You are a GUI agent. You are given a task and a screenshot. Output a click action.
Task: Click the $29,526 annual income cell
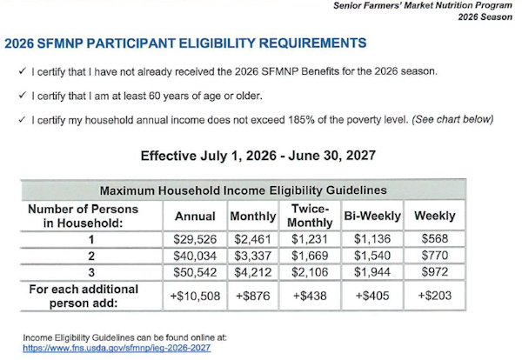(195, 239)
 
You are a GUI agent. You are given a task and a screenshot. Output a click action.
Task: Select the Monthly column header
(253, 216)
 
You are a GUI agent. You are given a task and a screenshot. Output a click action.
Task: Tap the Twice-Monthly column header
(310, 216)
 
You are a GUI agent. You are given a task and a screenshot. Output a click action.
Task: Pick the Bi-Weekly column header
(372, 216)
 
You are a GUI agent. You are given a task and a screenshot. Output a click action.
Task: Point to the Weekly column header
(435, 216)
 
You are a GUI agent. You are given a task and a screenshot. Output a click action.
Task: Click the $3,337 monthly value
(252, 256)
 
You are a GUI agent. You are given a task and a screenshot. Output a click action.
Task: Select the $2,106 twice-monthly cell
(310, 272)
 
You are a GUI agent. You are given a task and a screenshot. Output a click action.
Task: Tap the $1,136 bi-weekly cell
(372, 239)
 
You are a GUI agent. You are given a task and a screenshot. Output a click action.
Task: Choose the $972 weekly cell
(435, 272)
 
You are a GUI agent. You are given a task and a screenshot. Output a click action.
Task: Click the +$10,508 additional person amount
(195, 296)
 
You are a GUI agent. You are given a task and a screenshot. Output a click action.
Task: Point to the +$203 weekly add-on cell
(435, 296)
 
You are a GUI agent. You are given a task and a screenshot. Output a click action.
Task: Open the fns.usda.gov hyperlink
(117, 349)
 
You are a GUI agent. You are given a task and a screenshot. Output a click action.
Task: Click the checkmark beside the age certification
(23, 96)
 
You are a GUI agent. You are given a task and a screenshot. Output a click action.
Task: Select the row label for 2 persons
(91, 256)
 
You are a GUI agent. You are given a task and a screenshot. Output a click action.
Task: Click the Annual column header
(195, 217)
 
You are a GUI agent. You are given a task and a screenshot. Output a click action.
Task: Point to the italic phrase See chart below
(452, 119)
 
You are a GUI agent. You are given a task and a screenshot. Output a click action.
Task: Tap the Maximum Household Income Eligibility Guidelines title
(244, 190)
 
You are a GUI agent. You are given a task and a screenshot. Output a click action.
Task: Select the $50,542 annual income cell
(195, 272)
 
